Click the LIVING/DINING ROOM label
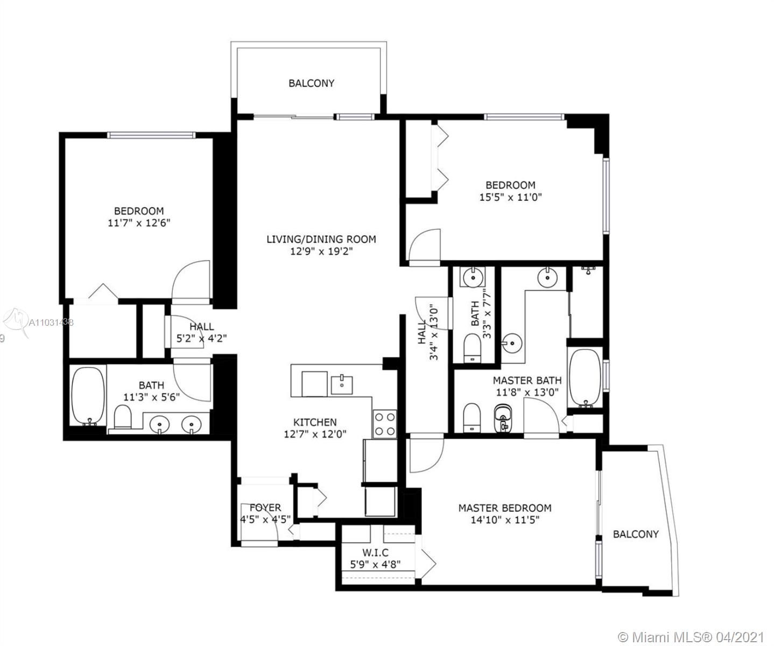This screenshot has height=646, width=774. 321,239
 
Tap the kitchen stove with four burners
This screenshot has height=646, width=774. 384,424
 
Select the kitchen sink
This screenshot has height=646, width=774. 341,385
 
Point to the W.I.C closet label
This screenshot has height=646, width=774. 375,552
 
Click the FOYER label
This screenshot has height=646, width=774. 265,508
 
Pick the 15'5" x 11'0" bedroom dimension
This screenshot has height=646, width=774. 510,197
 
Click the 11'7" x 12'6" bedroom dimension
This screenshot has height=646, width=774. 139,223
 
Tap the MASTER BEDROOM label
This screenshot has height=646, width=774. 504,508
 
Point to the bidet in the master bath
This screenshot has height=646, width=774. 503,418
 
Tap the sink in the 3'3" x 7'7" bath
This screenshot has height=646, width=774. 472,277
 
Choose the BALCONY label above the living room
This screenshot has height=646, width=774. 312,83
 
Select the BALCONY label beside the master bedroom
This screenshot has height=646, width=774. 636,534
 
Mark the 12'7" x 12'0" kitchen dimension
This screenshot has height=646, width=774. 315,434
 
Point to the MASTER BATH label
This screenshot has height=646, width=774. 527,381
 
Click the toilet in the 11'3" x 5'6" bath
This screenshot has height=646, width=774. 123,417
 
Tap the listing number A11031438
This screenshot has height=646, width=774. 51,322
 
